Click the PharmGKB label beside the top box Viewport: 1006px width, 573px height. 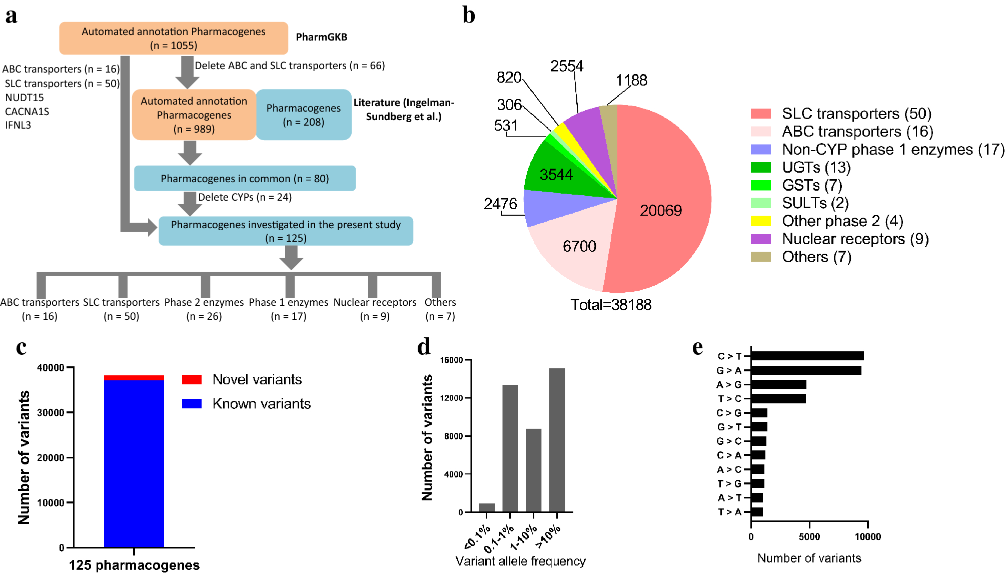click(321, 37)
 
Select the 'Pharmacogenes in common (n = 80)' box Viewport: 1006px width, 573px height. click(245, 178)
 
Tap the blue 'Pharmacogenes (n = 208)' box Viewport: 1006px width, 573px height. click(304, 115)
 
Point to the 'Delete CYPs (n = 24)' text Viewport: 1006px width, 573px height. click(245, 197)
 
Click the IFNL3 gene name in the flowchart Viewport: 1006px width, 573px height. click(18, 125)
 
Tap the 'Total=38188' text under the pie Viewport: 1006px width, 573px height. click(611, 305)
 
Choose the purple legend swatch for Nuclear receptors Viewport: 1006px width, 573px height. click(760, 239)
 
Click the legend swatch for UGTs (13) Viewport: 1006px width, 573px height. click(760, 167)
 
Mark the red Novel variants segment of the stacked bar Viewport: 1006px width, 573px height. click(134, 378)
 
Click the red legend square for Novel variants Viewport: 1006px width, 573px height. click(192, 379)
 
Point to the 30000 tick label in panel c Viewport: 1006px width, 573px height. click(51, 412)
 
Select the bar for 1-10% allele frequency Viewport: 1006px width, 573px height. click(533, 470)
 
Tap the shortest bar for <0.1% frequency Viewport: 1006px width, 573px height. click(487, 507)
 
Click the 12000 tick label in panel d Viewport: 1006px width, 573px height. click(451, 398)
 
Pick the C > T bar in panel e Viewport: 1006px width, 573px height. click(807, 356)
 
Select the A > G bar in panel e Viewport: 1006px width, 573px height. click(778, 384)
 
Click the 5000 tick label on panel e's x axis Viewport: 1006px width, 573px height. click(809, 537)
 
